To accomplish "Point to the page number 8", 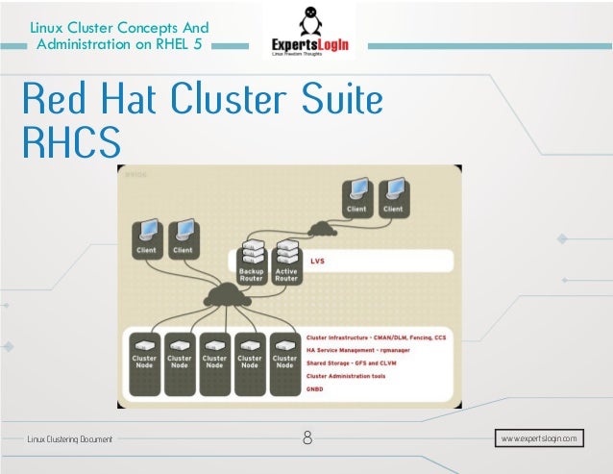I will click(307, 439).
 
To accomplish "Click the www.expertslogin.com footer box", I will click(540, 438).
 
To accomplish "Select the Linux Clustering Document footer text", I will click(69, 439).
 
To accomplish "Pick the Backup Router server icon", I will click(251, 253).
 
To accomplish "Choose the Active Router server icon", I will click(286, 253).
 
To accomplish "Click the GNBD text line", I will click(315, 388).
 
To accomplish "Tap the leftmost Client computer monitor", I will click(147, 234).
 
